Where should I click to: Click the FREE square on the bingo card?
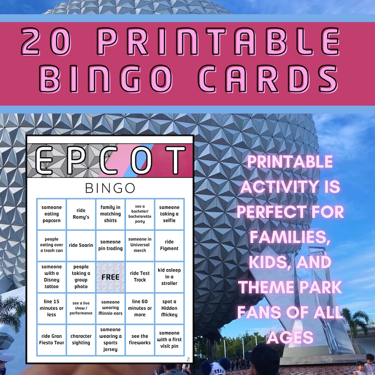point(110,277)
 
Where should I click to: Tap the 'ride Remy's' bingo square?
point(81,213)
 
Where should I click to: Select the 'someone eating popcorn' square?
point(51,213)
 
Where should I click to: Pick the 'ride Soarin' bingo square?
point(81,245)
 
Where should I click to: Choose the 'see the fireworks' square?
point(140,340)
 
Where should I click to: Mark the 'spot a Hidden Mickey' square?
point(169,308)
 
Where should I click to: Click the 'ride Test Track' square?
point(140,277)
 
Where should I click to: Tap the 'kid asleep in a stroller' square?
point(169,277)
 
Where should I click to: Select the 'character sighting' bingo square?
point(81,340)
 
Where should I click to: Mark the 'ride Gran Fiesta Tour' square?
point(51,340)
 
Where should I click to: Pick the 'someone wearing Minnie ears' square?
point(110,308)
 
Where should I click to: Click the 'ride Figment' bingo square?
point(169,245)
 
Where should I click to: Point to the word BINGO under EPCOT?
point(110,188)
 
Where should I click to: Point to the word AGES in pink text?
point(290,337)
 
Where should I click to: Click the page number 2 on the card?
point(188,359)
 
